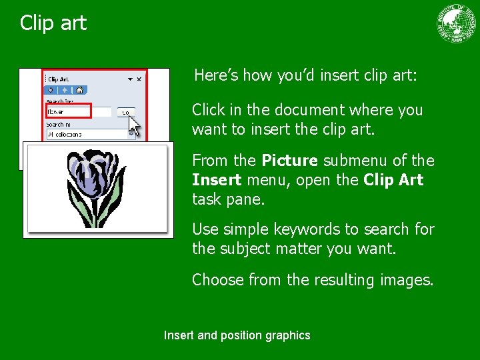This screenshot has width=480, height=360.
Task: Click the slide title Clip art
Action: (53, 23)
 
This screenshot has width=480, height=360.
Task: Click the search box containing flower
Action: (78, 111)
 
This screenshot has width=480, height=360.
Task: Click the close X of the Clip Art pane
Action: (139, 79)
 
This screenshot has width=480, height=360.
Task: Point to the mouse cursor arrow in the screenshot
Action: (134, 124)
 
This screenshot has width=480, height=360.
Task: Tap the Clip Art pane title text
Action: (58, 79)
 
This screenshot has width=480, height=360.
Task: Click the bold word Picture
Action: (290, 161)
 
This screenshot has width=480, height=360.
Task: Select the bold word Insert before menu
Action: (216, 180)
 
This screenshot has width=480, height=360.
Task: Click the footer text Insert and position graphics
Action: (237, 335)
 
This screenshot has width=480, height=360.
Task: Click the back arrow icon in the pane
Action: (51, 90)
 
